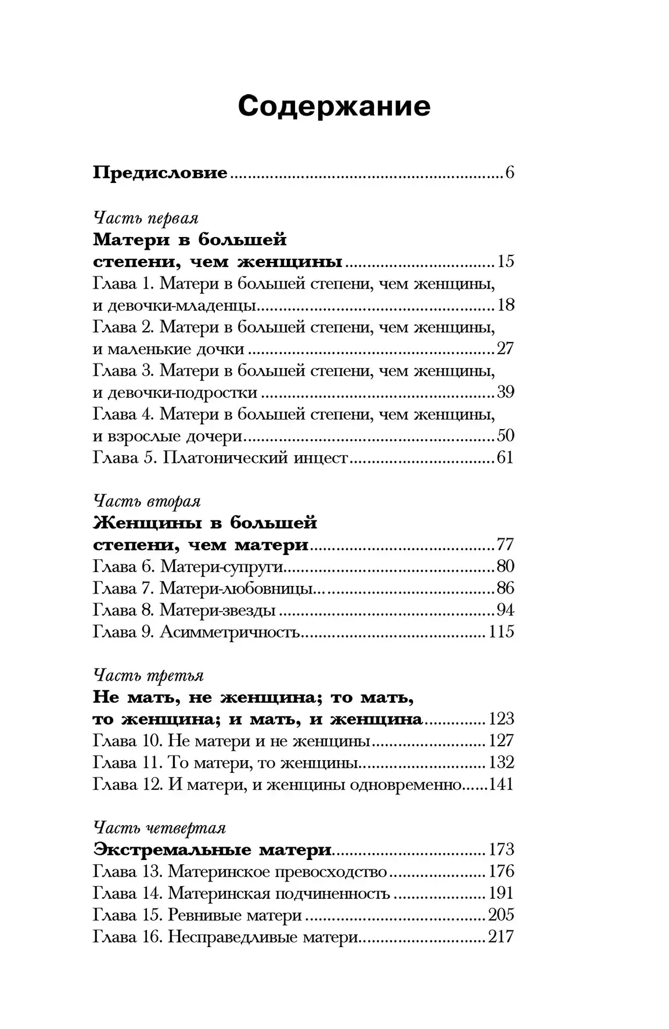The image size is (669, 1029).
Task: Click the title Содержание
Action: coord(334,106)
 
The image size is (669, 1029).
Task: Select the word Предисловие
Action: coord(160,173)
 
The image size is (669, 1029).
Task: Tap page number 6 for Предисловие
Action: coord(509,173)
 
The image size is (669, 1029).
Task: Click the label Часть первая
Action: coord(146,218)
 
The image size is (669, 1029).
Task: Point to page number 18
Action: coord(505,305)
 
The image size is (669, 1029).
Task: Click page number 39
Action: coord(505,392)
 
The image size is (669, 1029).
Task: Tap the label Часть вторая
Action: coord(147,501)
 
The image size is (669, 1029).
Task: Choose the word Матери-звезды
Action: coord(217,610)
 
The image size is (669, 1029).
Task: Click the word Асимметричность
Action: coord(229,632)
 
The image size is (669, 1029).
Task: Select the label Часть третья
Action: coord(148,675)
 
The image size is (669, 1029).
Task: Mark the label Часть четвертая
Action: coord(159,827)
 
